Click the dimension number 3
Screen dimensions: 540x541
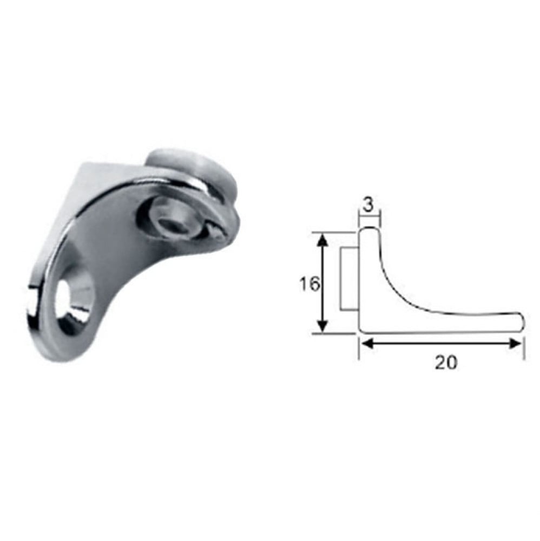click(368, 206)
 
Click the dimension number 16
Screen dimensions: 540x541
click(309, 285)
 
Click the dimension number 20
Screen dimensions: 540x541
click(445, 362)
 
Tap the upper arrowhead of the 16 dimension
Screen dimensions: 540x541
click(322, 239)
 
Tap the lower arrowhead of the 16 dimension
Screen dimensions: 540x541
click(322, 326)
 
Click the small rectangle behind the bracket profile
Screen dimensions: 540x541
click(349, 279)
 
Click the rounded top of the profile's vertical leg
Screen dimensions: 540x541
click(369, 228)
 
